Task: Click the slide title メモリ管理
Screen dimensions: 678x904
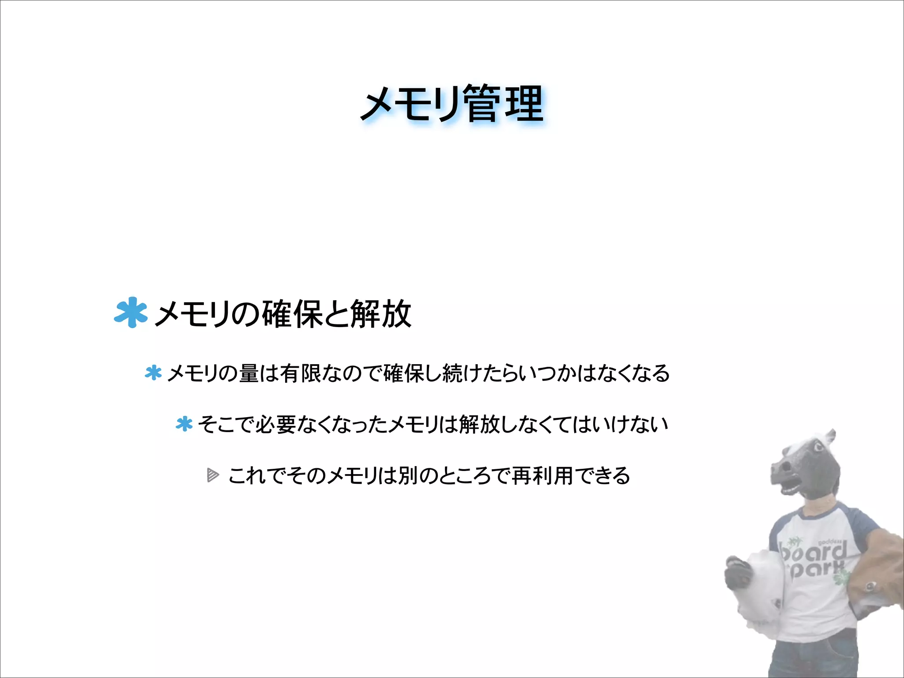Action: pyautogui.click(x=452, y=104)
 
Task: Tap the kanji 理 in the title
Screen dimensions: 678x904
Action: pyautogui.click(x=524, y=104)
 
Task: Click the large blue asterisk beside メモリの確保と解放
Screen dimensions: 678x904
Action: pyautogui.click(x=130, y=313)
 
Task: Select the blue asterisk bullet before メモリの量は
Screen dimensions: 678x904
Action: pyautogui.click(x=153, y=373)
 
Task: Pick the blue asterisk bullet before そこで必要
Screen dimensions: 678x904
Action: pyautogui.click(x=184, y=424)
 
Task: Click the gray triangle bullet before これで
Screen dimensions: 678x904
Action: pyautogui.click(x=213, y=475)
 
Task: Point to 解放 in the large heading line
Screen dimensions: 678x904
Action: pyautogui.click(x=381, y=314)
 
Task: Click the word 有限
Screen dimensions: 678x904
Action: pyautogui.click(x=300, y=373)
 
